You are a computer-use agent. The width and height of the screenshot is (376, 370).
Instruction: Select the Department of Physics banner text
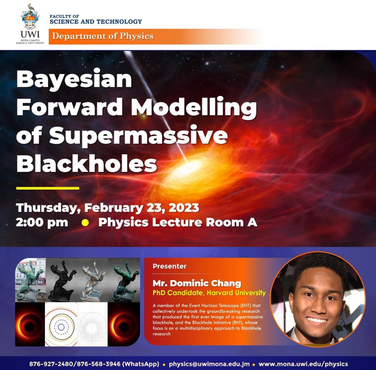(x=103, y=36)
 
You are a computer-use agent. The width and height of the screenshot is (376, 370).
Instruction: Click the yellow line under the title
(x=48, y=188)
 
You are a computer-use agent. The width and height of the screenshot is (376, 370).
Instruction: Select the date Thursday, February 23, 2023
(x=108, y=208)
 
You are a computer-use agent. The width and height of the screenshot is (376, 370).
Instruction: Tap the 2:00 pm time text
(x=42, y=222)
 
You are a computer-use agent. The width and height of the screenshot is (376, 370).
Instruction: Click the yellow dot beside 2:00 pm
(x=85, y=223)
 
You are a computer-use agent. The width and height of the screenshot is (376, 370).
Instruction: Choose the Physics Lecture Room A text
(x=178, y=222)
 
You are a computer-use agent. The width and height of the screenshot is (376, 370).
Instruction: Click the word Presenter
(x=169, y=266)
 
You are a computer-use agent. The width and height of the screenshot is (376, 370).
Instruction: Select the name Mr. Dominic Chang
(x=197, y=283)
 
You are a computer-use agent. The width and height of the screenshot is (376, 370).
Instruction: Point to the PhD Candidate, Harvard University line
(x=209, y=293)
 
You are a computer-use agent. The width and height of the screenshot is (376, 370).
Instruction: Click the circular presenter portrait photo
(x=318, y=299)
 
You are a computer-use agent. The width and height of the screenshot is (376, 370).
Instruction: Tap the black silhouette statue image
(x=62, y=280)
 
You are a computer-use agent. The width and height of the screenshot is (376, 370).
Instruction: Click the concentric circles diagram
(x=61, y=324)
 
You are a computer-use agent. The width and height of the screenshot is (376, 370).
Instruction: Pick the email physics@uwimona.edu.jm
(x=209, y=364)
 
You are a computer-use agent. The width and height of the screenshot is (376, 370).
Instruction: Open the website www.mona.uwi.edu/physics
(x=303, y=364)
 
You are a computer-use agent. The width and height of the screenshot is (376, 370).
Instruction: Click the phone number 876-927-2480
(x=51, y=364)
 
